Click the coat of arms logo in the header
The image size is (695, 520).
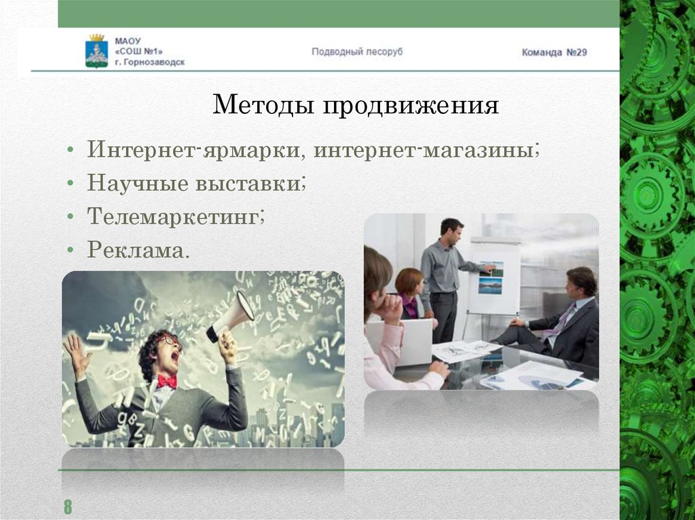[96, 51]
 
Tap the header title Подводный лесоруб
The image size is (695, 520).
[357, 52]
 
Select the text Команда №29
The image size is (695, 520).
[554, 52]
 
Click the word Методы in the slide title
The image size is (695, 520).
[263, 105]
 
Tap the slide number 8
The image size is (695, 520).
[68, 506]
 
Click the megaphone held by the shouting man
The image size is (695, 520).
[231, 315]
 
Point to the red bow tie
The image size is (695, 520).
[166, 381]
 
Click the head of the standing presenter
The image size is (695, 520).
[451, 231]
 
